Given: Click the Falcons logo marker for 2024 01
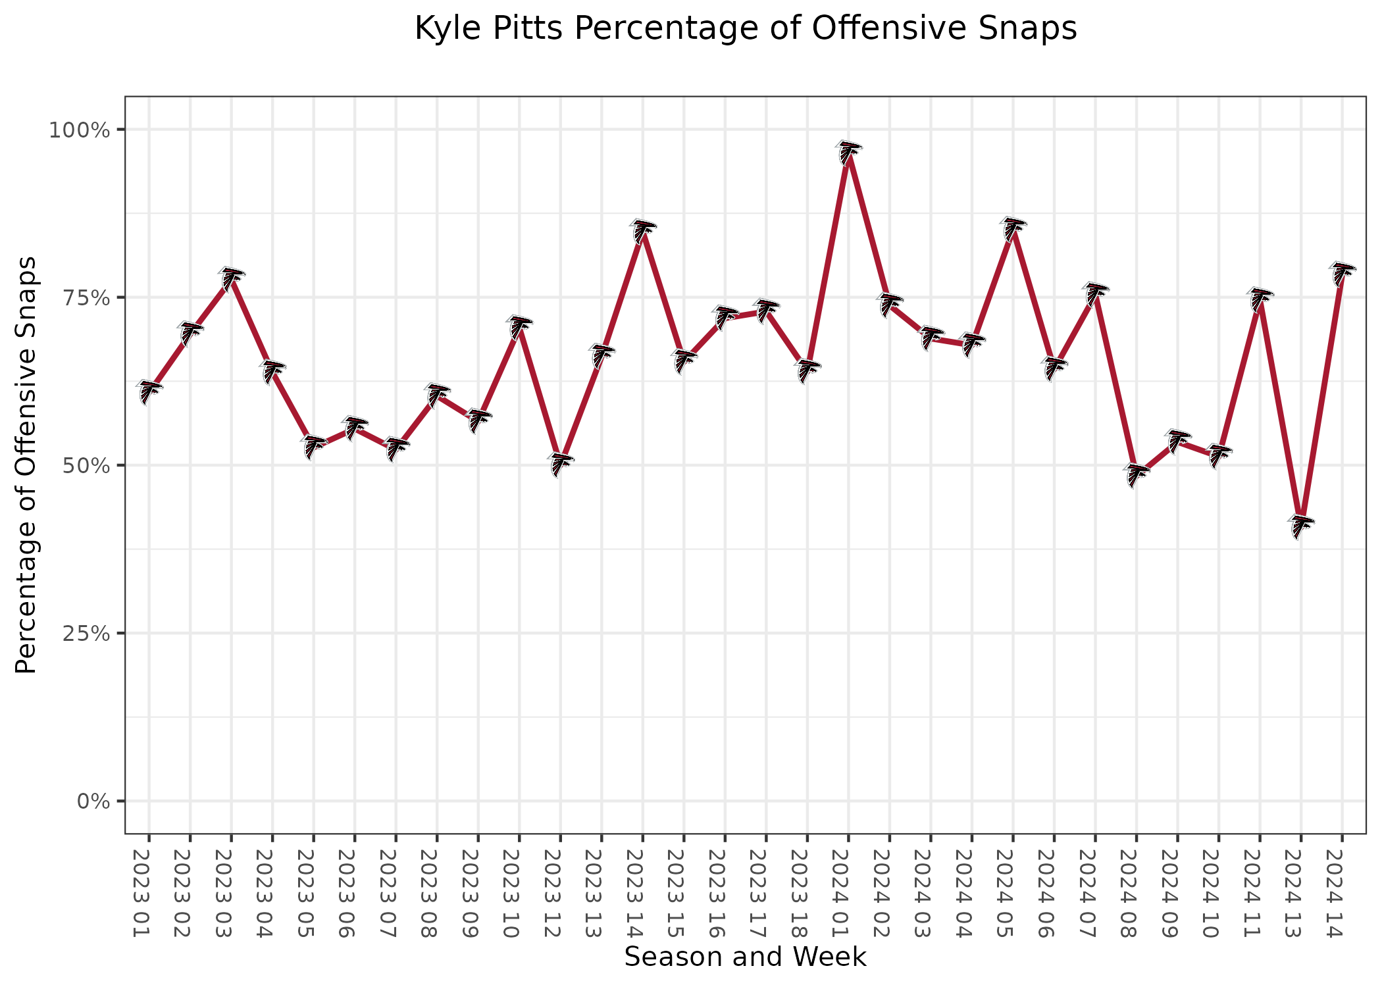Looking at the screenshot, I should [x=848, y=153].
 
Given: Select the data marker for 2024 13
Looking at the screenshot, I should [x=1301, y=526].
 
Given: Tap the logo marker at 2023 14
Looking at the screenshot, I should [x=642, y=230].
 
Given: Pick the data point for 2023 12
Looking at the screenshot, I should [x=560, y=464].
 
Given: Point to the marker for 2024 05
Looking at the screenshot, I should [x=1013, y=228].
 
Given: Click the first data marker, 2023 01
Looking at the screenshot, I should [x=149, y=392].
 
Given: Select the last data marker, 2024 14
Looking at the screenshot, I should [x=1342, y=273].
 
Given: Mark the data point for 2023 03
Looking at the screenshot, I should [x=231, y=278].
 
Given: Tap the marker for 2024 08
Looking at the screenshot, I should [x=1137, y=475].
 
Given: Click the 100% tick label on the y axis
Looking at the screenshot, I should [x=78, y=130].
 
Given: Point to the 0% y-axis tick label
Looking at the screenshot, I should [x=92, y=801].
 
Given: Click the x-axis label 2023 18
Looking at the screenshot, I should [x=807, y=893].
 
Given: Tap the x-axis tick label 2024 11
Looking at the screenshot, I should [x=1260, y=893].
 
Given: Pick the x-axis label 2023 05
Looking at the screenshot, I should [x=313, y=893].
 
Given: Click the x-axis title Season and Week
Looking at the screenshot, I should [x=745, y=957].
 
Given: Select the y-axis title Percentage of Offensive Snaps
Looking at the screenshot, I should [x=26, y=465].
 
